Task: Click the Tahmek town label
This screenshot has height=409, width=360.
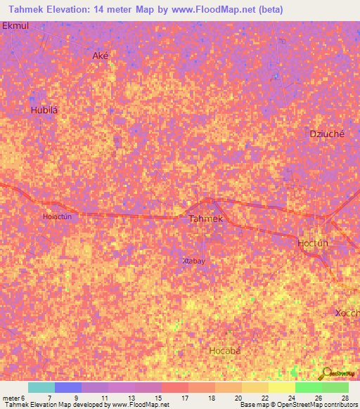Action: pos(206,219)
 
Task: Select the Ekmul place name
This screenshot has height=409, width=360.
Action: pos(15,25)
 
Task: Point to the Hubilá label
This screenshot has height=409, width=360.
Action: pos(43,110)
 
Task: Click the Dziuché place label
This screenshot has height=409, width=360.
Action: pos(327,134)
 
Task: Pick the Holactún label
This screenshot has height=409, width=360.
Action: pos(58,216)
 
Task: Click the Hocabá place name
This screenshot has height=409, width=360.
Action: pos(225,350)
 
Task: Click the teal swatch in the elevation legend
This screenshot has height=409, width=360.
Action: pos(41,387)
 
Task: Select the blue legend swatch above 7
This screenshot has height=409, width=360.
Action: pos(68,387)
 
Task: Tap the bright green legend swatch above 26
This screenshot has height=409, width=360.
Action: pos(308,387)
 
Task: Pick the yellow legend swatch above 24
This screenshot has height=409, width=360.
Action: pos(281,387)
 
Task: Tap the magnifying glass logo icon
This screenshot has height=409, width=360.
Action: pos(325,373)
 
